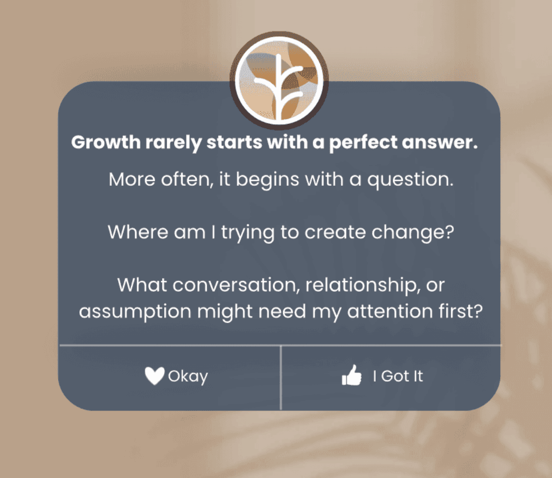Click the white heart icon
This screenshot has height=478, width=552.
pyautogui.click(x=154, y=375)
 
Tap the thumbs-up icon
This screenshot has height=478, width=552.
pyautogui.click(x=352, y=375)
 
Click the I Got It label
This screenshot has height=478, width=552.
pyautogui.click(x=398, y=376)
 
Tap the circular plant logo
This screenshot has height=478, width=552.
pyautogui.click(x=279, y=80)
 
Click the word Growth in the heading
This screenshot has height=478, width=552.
pyautogui.click(x=106, y=142)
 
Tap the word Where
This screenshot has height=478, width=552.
pyautogui.click(x=138, y=232)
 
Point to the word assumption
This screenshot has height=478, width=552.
pyautogui.click(x=135, y=312)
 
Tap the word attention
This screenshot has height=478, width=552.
pyautogui.click(x=390, y=311)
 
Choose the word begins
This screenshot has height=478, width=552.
pyautogui.click(x=268, y=180)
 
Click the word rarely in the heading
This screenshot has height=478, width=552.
pyautogui.click(x=173, y=142)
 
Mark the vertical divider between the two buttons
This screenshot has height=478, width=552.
pyautogui.click(x=280, y=378)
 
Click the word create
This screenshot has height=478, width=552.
pyautogui.click(x=335, y=233)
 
